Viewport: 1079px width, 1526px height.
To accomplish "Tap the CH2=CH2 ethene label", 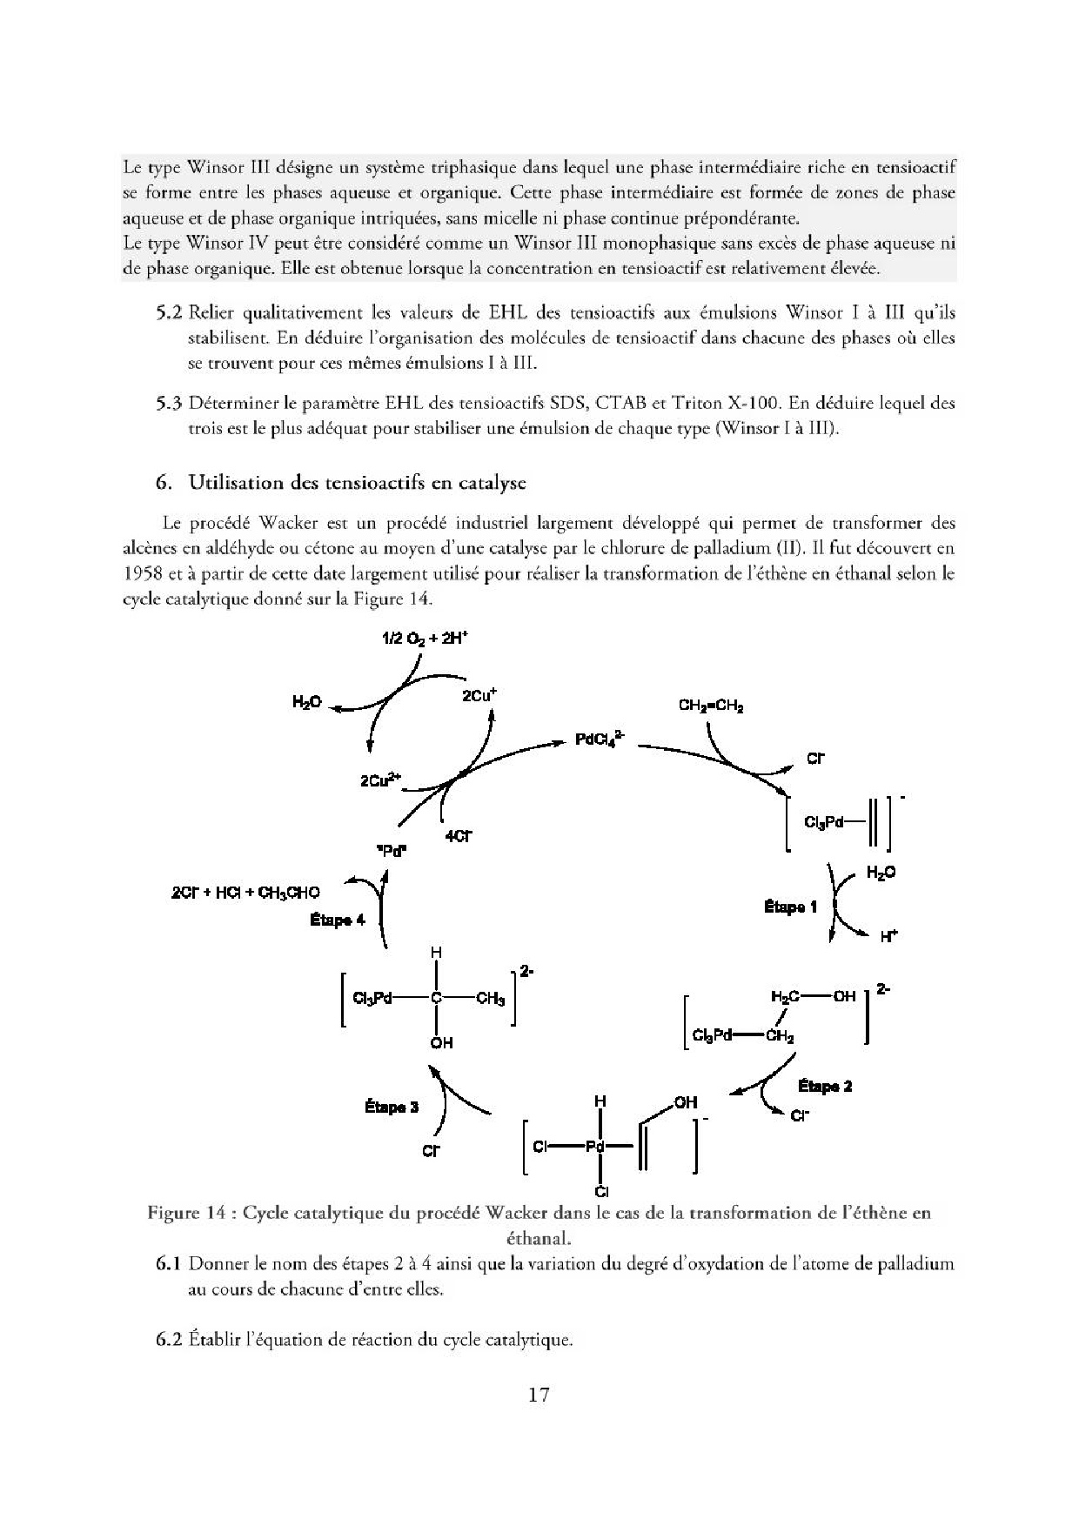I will (x=710, y=706).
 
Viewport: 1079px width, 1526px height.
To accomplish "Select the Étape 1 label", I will (x=790, y=907).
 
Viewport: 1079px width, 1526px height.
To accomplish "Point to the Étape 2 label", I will (x=825, y=1086).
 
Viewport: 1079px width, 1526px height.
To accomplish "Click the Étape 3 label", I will (x=392, y=1107).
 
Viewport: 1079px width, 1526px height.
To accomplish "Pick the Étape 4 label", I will (x=338, y=920).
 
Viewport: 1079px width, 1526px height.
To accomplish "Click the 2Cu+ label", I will (x=479, y=695).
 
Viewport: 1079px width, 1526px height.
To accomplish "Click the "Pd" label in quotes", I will (x=393, y=852).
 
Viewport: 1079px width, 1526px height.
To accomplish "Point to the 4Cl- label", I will (x=458, y=836).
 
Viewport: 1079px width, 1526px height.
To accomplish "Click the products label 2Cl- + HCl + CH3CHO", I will (x=246, y=892).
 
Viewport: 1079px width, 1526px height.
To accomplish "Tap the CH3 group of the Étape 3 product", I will (x=490, y=999).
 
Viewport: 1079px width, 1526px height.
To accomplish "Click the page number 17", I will (x=539, y=1395).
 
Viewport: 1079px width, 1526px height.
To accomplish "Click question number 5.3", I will (x=169, y=404).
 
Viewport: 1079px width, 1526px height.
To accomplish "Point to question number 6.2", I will (x=169, y=1339).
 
